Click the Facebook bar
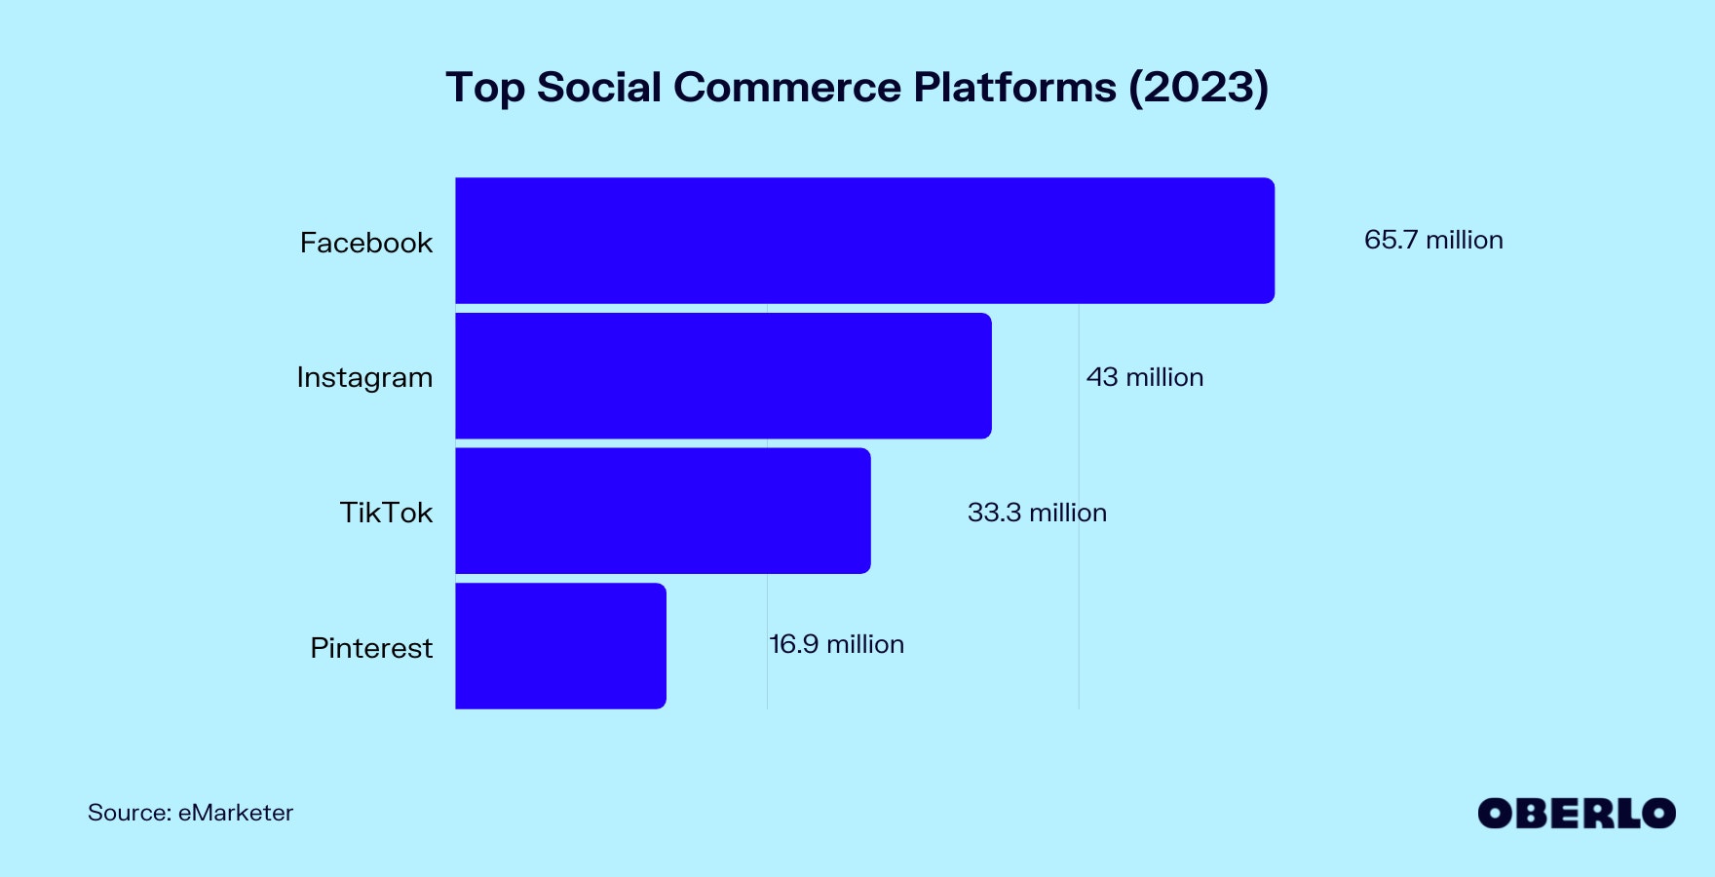point(864,241)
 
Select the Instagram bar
point(723,376)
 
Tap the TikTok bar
point(663,511)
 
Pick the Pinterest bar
point(560,646)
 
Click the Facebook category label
point(365,243)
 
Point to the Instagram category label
point(364,378)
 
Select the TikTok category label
point(386,513)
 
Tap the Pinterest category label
point(371,648)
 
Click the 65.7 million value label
point(1433,240)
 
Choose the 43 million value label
point(1145,377)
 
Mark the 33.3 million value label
point(1037,513)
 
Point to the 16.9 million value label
point(837,644)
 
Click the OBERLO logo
point(1577,814)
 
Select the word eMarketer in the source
point(236,813)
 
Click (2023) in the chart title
point(1199,88)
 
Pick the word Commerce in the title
point(786,88)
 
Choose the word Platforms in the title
point(1014,88)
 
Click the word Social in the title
point(599,88)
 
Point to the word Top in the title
point(484,88)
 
